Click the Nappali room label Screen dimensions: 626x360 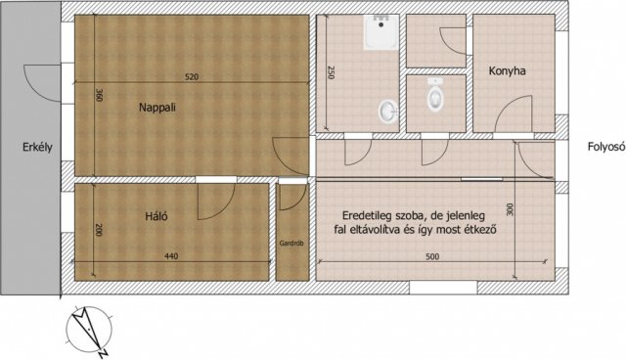[157, 108]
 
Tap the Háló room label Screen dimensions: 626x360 [156, 216]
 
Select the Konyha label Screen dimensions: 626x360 [507, 71]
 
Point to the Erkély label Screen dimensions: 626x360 [37, 148]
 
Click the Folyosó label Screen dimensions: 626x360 [606, 147]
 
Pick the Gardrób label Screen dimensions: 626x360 [291, 243]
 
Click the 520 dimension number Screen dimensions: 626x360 [192, 77]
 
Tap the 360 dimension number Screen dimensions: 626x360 [100, 95]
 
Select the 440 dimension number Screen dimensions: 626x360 [171, 256]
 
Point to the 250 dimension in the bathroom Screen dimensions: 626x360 [331, 72]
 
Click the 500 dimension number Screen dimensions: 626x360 [432, 256]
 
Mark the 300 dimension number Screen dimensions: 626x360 [510, 210]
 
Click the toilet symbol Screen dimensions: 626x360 [435, 94]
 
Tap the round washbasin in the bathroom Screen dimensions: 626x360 [387, 111]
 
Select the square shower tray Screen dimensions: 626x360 [381, 32]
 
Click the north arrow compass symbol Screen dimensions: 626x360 [89, 331]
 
